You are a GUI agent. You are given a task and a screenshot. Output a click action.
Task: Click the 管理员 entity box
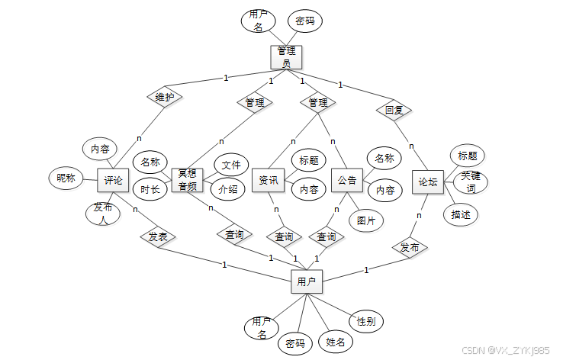coord(286,56)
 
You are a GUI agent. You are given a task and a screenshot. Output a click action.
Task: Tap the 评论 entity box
coord(113,181)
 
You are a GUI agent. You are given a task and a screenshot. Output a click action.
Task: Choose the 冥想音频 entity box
coord(187,180)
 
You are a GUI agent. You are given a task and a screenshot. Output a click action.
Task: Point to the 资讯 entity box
coord(268,181)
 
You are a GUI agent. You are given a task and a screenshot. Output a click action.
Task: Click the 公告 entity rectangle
coord(346,181)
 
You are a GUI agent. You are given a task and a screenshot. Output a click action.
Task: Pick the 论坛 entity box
coord(428,182)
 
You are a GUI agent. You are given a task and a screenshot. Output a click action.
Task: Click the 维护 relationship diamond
coord(164,98)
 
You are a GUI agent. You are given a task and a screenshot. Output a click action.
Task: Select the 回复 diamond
coord(394,110)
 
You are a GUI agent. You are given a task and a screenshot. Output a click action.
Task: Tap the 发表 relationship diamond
coord(158,236)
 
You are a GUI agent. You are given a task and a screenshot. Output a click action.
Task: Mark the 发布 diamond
coord(410,247)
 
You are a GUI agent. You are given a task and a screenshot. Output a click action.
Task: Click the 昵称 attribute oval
coord(66,178)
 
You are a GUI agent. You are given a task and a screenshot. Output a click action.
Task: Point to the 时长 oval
coord(150,188)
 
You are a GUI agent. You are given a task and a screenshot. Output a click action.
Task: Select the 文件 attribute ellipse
coord(230,165)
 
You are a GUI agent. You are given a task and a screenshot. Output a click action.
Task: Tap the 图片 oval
coord(366,220)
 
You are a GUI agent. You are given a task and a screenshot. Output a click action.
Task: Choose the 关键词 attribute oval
coord(473,183)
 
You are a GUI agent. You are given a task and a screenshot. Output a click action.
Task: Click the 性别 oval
coord(365,321)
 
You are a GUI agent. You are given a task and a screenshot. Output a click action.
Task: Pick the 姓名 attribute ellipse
coord(335,342)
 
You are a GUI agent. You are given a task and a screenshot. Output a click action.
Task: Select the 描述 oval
coord(461,214)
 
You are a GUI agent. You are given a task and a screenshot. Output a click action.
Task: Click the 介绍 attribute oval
coord(228,188)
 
